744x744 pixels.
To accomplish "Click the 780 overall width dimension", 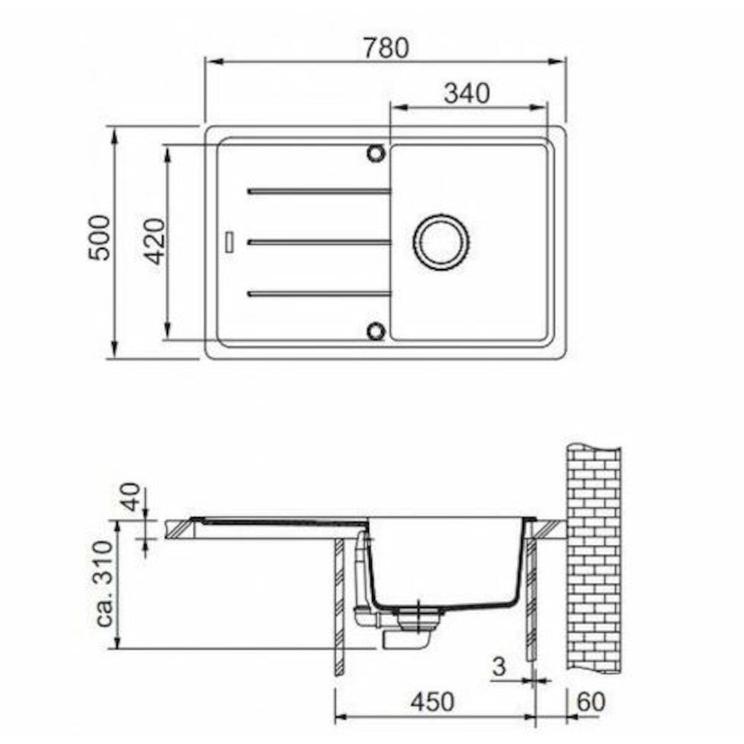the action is coord(386,48).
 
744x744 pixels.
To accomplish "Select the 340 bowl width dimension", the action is coord(467,94).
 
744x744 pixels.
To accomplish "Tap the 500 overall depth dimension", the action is coord(99,238).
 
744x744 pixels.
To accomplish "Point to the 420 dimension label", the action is coord(156,242).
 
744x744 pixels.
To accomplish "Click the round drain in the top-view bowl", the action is coord(441,242).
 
